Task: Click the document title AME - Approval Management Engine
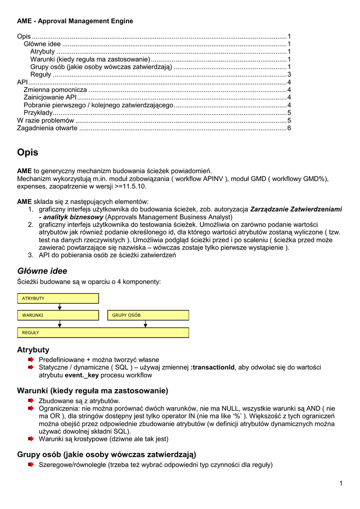click(x=75, y=21)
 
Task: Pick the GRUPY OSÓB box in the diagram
click(x=148, y=315)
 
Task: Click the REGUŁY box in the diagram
click(x=103, y=333)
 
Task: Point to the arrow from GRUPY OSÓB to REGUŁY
click(x=145, y=324)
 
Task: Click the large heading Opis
click(x=27, y=153)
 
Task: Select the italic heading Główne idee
click(x=42, y=271)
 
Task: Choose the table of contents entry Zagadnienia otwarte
click(x=47, y=128)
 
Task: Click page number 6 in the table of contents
click(x=289, y=128)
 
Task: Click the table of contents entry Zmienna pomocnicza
click(x=55, y=90)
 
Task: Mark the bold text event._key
click(x=82, y=375)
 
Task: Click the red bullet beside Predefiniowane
click(x=31, y=359)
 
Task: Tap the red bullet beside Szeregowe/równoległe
click(x=31, y=465)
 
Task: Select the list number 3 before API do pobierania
click(x=30, y=255)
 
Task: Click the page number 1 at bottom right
click(x=341, y=484)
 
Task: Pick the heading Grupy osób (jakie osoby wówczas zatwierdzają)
click(x=106, y=454)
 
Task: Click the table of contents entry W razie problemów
click(x=45, y=120)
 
